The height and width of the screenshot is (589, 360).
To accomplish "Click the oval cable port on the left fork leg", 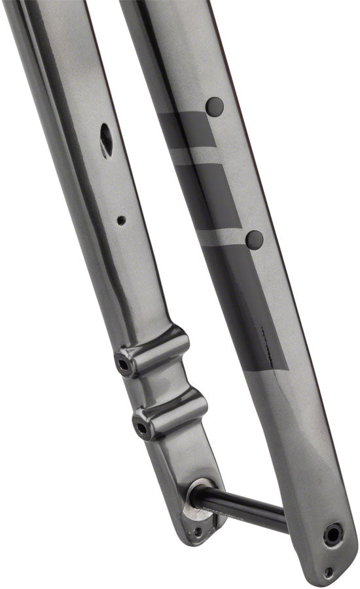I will pyautogui.click(x=107, y=139).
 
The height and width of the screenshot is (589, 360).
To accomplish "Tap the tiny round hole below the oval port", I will pyautogui.click(x=121, y=221).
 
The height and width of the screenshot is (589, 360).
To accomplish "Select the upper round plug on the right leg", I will pyautogui.click(x=215, y=105).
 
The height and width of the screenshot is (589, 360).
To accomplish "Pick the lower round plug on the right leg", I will pyautogui.click(x=254, y=239).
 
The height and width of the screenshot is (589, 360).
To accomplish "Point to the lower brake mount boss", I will pyautogui.click(x=170, y=415).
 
